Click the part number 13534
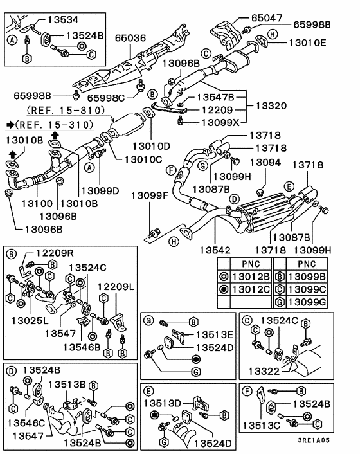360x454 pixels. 63,20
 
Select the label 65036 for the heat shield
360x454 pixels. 130,38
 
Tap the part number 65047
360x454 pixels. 267,18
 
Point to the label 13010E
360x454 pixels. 308,43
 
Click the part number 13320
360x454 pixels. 271,105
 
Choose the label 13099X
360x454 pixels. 221,122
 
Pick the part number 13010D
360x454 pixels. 151,146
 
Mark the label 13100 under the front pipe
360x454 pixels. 37,204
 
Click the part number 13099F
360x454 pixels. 150,195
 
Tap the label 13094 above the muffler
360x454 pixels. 265,163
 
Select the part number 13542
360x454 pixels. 215,250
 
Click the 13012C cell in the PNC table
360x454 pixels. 251,289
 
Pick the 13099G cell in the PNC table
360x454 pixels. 307,302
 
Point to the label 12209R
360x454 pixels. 55,253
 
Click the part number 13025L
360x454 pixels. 30,320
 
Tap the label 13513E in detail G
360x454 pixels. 215,334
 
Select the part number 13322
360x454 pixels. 264,371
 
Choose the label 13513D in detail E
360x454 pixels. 163,403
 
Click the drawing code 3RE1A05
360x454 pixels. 314,440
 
